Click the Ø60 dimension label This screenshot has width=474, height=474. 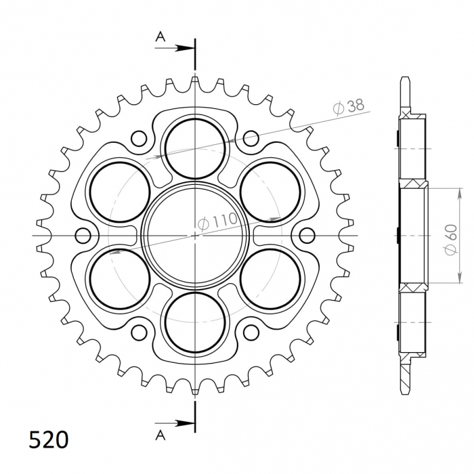(x=450, y=240)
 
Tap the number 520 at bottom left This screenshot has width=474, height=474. (x=49, y=439)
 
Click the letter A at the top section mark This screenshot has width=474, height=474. (x=160, y=37)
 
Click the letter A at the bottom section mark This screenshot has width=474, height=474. (x=160, y=435)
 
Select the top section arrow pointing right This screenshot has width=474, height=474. (x=174, y=48)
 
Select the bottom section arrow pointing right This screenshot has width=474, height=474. (x=174, y=423)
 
